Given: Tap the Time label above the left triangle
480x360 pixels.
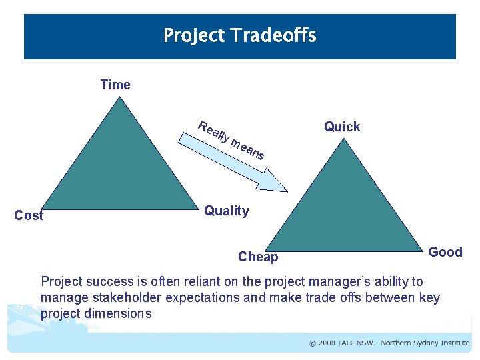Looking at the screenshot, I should [115, 85].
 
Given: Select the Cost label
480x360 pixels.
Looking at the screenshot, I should [29, 215].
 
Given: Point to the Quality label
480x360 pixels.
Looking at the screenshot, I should [227, 211].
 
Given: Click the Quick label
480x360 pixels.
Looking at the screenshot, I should [342, 127].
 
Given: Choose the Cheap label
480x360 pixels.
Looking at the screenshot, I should [258, 257].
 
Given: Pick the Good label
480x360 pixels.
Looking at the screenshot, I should [445, 252].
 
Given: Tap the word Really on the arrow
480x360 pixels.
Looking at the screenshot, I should [213, 131].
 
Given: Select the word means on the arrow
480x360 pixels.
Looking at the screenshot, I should [248, 149].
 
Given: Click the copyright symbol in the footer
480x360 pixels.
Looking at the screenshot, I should [313, 343].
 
